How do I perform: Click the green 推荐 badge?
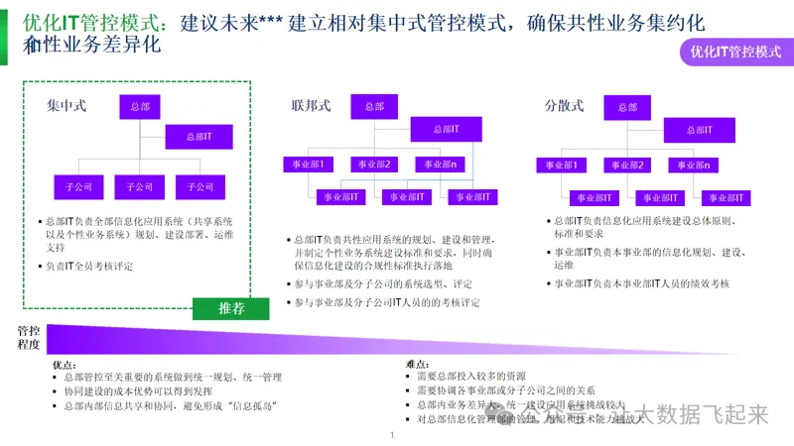click(x=231, y=308)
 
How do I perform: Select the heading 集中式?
click(x=67, y=105)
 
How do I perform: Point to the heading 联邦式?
click(x=311, y=105)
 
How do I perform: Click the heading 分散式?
click(x=564, y=105)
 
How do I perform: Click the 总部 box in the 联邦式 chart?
click(x=374, y=106)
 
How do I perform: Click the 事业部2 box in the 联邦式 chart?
click(x=374, y=165)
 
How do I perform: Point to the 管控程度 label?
click(x=29, y=337)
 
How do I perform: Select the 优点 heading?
click(x=63, y=365)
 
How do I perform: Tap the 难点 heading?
click(x=417, y=365)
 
